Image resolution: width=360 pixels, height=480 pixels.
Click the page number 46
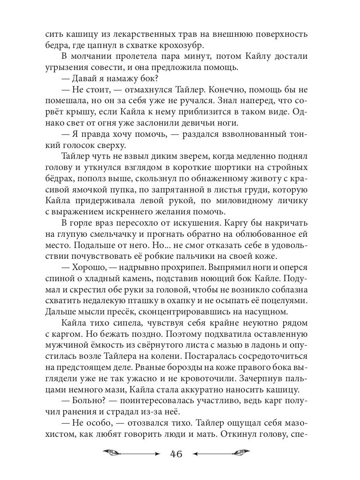pos(176,454)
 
